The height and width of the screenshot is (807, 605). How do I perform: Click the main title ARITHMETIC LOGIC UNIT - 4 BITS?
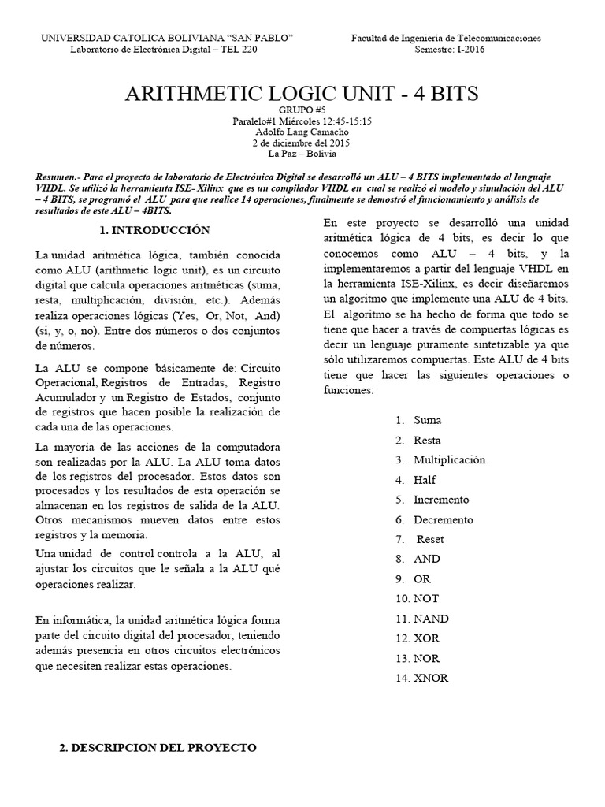[302, 93]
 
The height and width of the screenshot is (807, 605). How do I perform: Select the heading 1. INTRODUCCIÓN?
[154, 230]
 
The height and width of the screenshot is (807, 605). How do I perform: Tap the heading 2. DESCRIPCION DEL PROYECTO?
[158, 747]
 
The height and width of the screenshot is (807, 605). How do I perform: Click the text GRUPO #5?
[302, 110]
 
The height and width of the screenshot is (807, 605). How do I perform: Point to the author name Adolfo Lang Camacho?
[302, 132]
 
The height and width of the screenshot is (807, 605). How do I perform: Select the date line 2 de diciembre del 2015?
[302, 143]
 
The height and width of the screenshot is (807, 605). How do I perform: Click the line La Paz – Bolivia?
[302, 154]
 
